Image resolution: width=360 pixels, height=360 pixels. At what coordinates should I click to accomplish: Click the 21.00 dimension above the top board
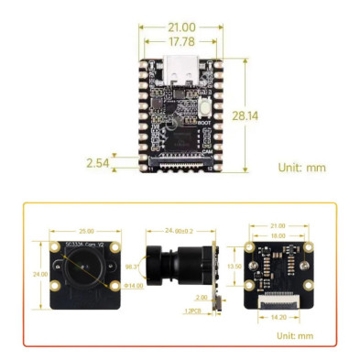coord(180,25)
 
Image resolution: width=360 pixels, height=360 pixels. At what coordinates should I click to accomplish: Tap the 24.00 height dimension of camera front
coord(40,273)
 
